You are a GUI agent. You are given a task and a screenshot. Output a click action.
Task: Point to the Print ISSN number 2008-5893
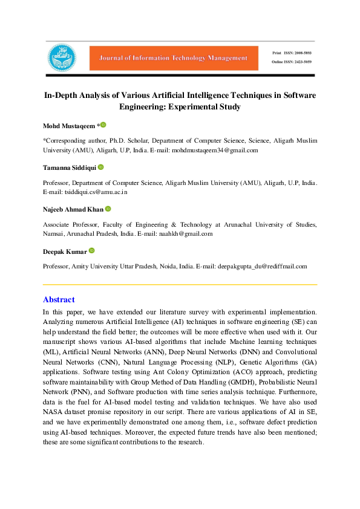(x=301, y=53)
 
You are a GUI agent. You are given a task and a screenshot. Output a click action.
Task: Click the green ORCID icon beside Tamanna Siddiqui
(x=100, y=167)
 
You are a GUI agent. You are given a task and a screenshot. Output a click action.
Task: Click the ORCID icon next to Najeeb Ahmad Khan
(x=108, y=209)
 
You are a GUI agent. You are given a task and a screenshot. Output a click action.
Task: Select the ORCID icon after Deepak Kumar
(x=91, y=250)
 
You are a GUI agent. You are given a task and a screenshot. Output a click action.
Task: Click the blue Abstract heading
(x=59, y=299)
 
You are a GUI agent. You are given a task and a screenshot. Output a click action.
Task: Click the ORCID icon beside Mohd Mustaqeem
(x=103, y=125)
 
